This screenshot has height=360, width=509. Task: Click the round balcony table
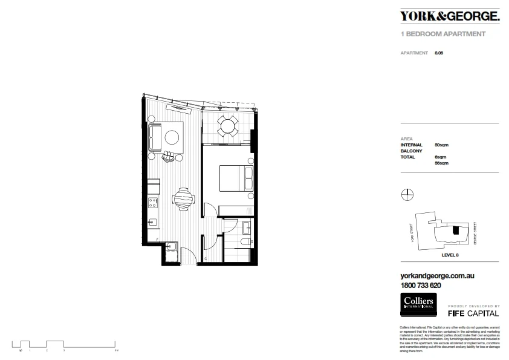tap(227, 126)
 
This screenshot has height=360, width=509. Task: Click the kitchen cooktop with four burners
tap(154, 202)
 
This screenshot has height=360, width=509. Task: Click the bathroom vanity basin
tap(247, 227)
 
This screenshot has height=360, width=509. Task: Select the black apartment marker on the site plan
tap(457, 230)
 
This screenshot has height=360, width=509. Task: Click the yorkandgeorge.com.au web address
tap(437, 276)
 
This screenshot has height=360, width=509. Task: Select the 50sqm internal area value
tap(441, 145)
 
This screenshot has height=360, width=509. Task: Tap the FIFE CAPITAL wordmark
tap(473, 313)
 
